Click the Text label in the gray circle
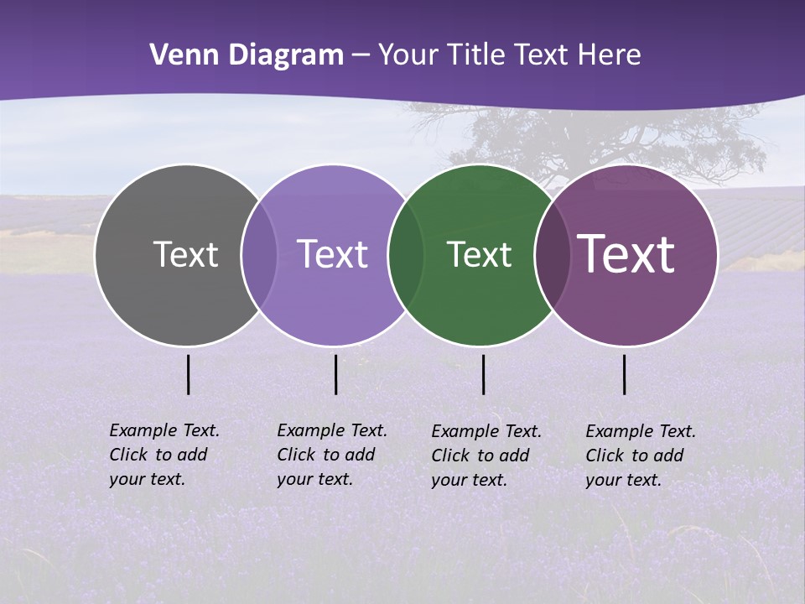(x=185, y=254)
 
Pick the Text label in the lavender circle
(x=333, y=254)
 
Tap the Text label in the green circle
(x=479, y=254)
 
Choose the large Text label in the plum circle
(x=626, y=253)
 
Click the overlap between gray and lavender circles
(x=259, y=255)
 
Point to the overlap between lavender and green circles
(x=406, y=255)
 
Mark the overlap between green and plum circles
(x=553, y=255)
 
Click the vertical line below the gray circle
(x=188, y=374)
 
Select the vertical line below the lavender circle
(x=335, y=374)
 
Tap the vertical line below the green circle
(x=483, y=374)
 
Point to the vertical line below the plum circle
(x=624, y=374)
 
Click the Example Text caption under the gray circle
(x=164, y=455)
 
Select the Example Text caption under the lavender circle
(x=332, y=455)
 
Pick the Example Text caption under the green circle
(x=486, y=456)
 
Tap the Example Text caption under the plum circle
(x=641, y=456)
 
